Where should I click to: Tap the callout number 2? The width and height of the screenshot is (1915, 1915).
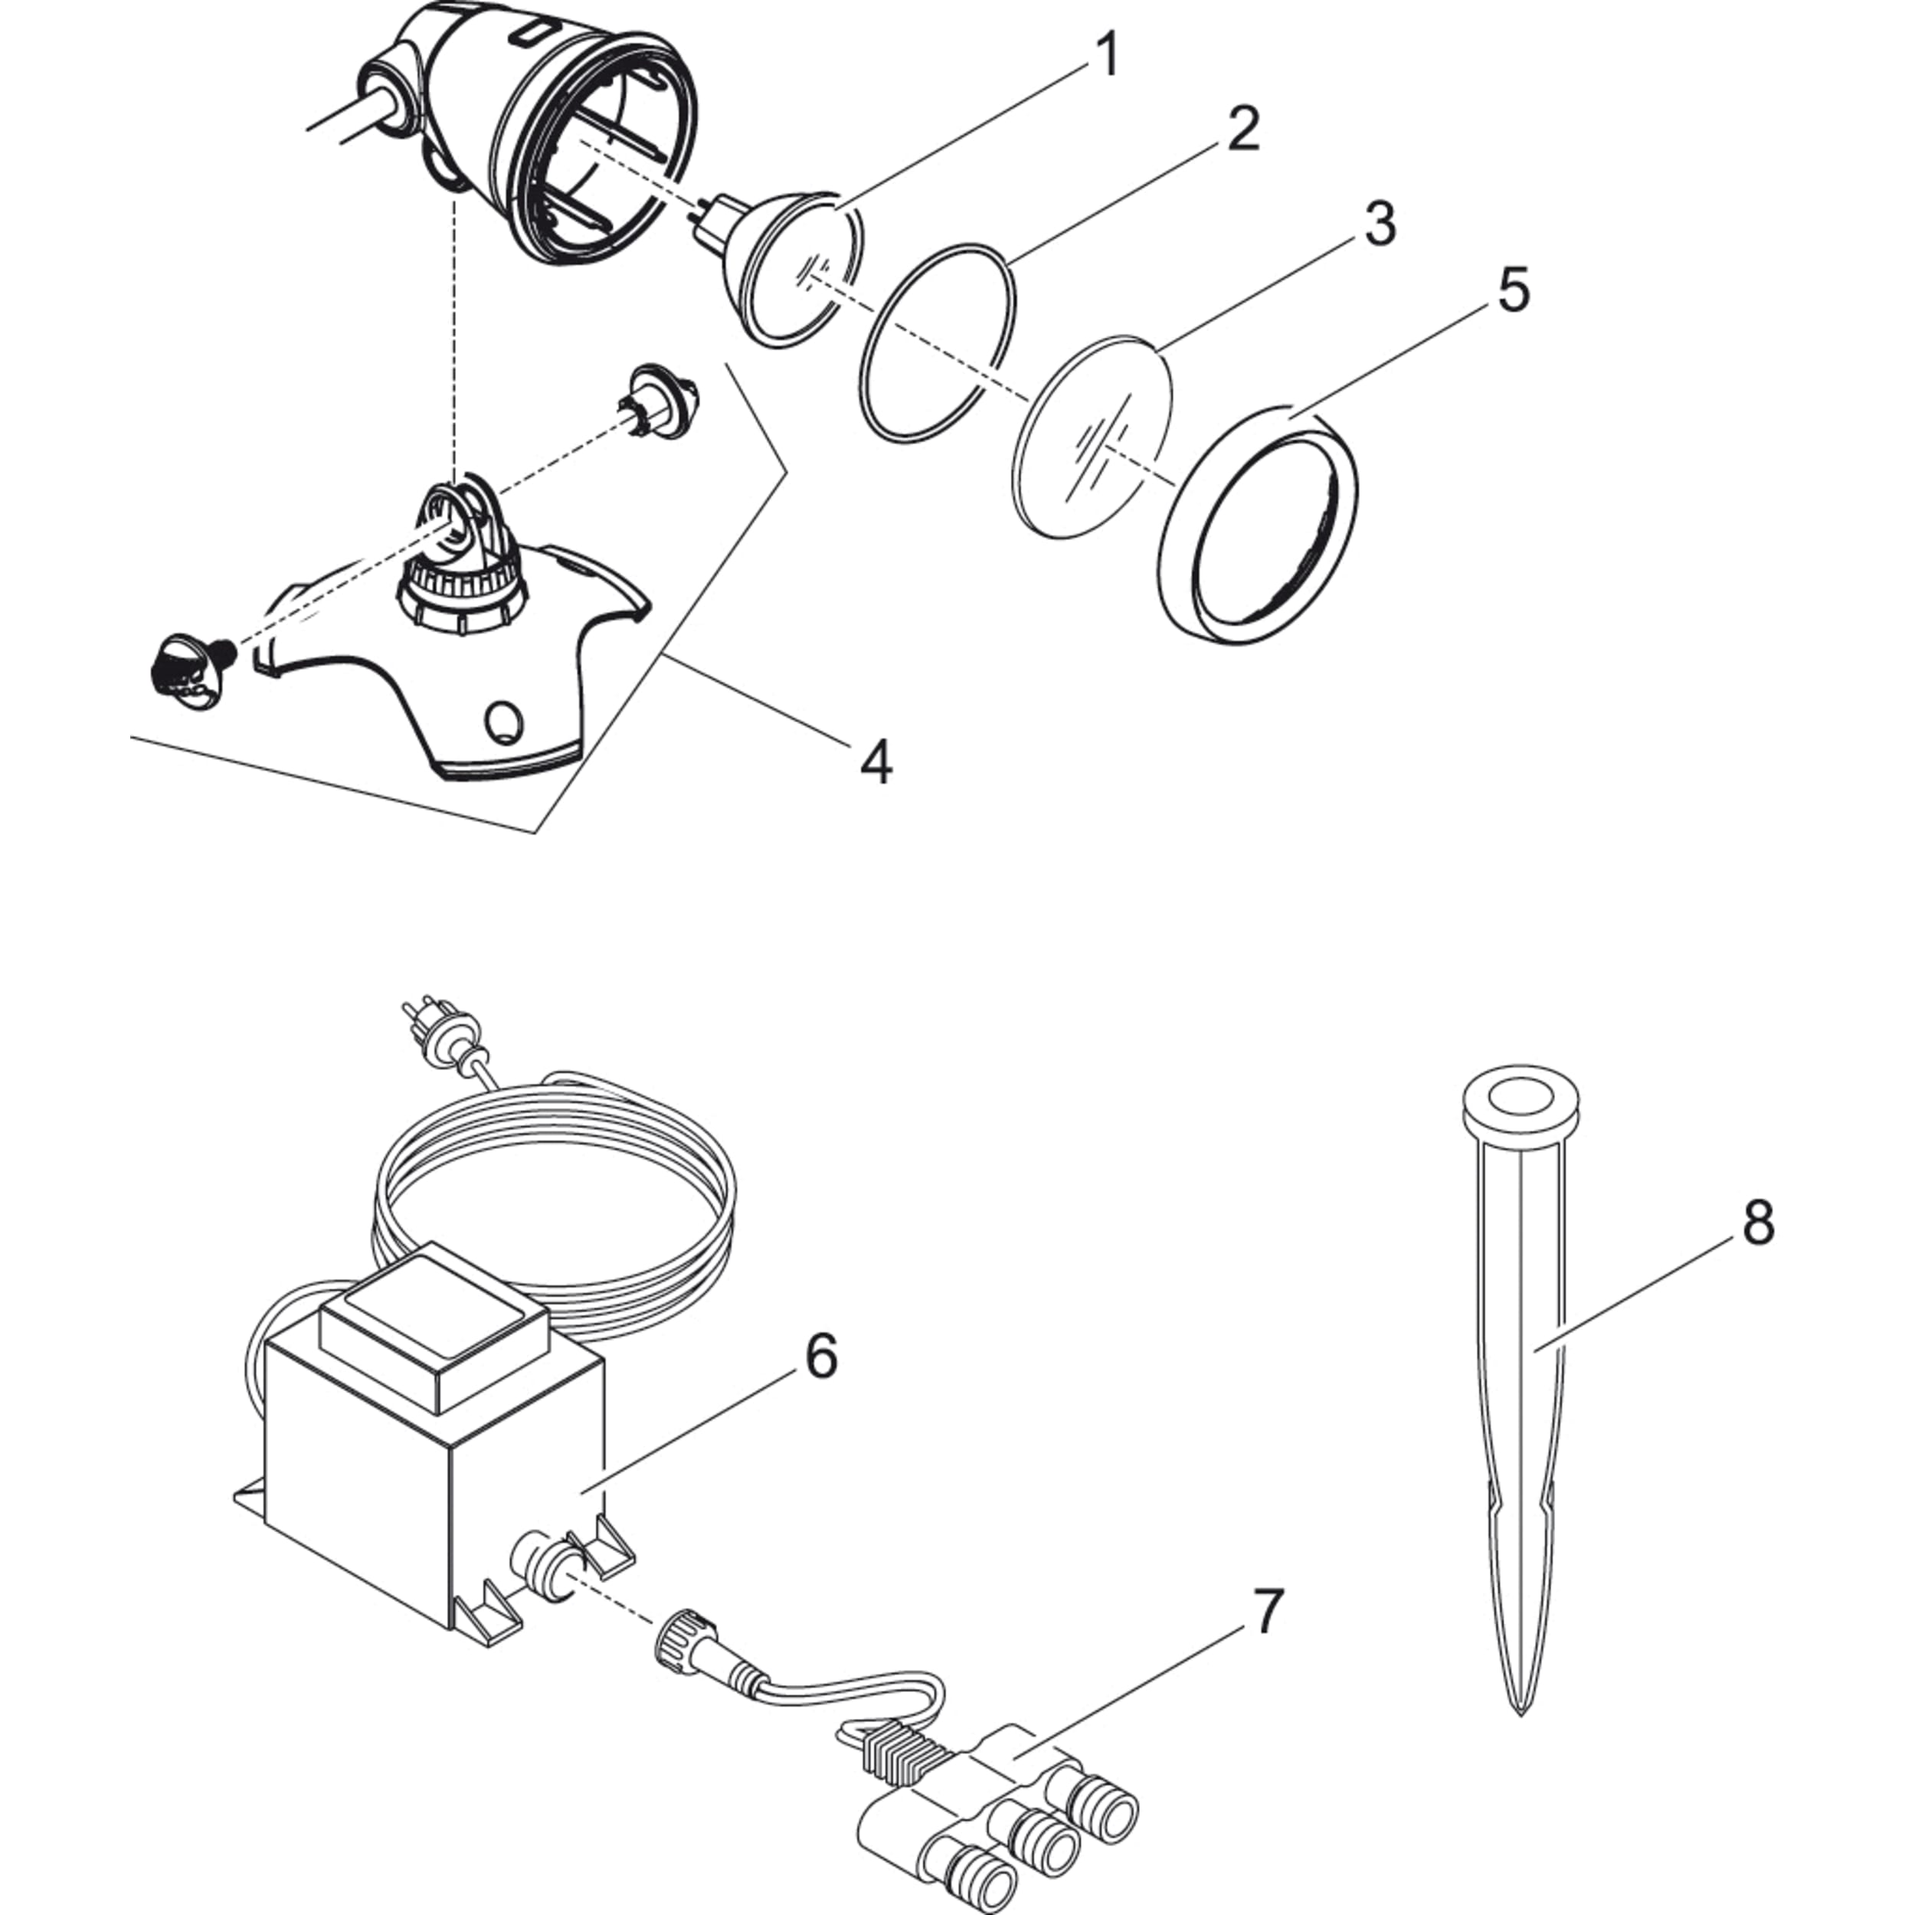[1242, 130]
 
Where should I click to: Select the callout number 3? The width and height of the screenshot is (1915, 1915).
[1379, 225]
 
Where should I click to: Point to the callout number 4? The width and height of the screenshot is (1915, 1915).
[876, 762]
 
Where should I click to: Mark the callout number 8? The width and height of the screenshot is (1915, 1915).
[1757, 1223]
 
